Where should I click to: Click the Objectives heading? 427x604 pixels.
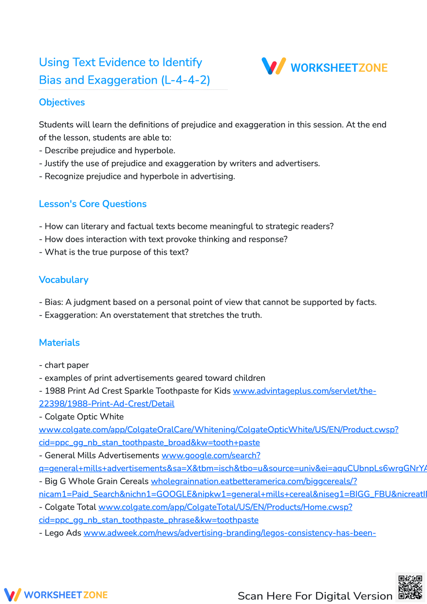(x=62, y=103)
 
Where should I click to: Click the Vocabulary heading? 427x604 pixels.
(x=64, y=280)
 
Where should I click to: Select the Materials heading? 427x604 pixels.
(x=59, y=343)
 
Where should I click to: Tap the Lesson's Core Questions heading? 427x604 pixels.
(x=93, y=204)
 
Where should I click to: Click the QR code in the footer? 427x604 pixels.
(x=410, y=587)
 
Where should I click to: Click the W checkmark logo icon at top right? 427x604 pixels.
(x=274, y=66)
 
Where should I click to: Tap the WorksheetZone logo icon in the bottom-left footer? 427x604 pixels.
(x=12, y=595)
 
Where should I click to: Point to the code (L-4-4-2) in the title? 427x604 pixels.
(x=186, y=80)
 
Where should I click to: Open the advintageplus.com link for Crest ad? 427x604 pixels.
(x=304, y=391)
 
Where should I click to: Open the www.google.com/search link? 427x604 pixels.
(x=211, y=455)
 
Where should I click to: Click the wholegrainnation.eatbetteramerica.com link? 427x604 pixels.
(x=254, y=481)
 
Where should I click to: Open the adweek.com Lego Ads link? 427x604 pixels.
(x=229, y=533)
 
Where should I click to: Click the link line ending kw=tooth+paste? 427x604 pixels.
(x=149, y=443)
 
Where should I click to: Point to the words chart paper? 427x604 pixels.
(x=67, y=365)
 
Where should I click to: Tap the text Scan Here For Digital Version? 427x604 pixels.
(x=315, y=596)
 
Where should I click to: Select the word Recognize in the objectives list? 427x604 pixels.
(x=64, y=176)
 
